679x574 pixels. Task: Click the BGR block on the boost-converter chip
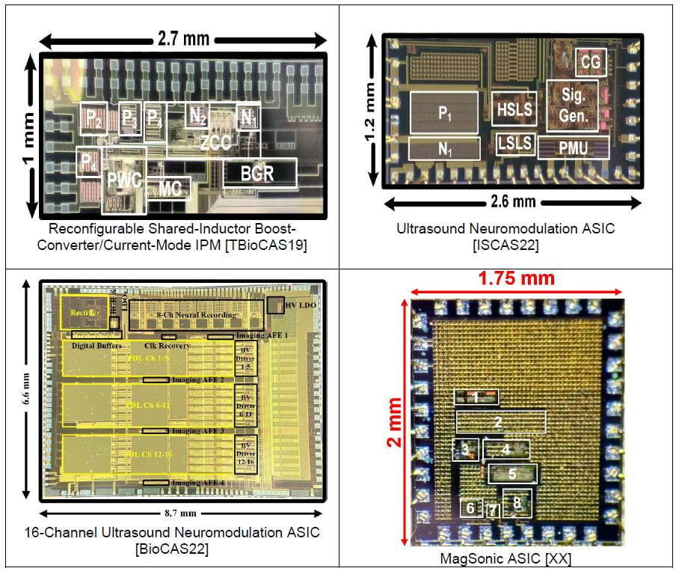point(259,173)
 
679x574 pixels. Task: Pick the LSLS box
point(514,144)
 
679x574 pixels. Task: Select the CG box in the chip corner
point(591,64)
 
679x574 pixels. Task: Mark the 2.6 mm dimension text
point(514,201)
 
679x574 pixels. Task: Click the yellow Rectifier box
point(85,312)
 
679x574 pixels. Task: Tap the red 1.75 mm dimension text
point(516,278)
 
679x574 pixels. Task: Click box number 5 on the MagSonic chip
point(513,473)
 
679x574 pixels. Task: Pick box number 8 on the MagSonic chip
point(517,503)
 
